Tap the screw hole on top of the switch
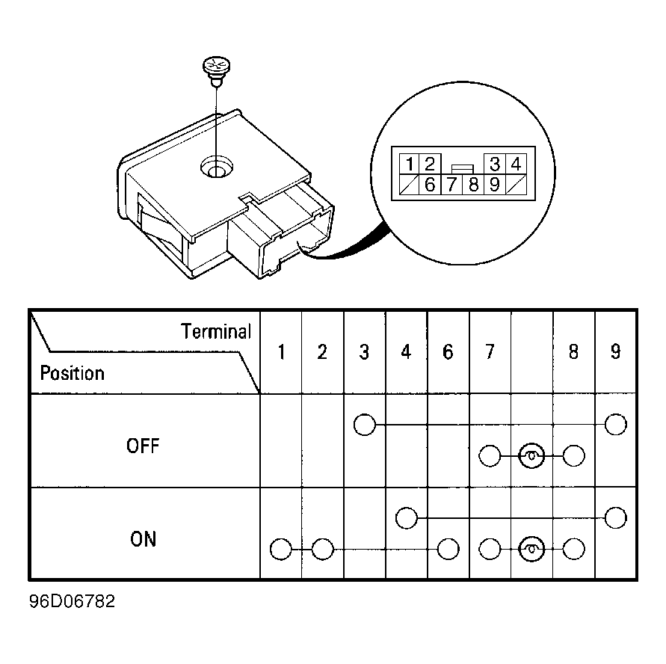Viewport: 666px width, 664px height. pyautogui.click(x=217, y=167)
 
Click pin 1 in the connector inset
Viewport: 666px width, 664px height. pyautogui.click(x=410, y=164)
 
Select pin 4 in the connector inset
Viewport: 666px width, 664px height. pyautogui.click(x=516, y=164)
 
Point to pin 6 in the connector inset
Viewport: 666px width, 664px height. pyautogui.click(x=430, y=185)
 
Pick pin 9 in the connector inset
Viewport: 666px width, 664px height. pyautogui.click(x=494, y=185)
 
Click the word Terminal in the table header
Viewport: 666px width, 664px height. pyautogui.click(x=216, y=331)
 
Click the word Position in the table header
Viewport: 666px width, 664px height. pyautogui.click(x=73, y=373)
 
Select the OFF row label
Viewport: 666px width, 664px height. pyautogui.click(x=143, y=446)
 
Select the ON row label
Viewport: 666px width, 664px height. pyautogui.click(x=143, y=539)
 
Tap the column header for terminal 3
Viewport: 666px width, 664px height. pyautogui.click(x=364, y=351)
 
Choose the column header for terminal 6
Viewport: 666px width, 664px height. pyautogui.click(x=448, y=351)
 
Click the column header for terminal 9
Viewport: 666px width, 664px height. pyautogui.click(x=615, y=351)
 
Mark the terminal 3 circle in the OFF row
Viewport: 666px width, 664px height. pyautogui.click(x=365, y=425)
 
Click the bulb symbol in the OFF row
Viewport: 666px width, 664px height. pyautogui.click(x=531, y=456)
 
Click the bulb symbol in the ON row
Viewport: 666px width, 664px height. pyautogui.click(x=531, y=549)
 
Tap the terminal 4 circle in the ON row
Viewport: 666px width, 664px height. pyautogui.click(x=407, y=518)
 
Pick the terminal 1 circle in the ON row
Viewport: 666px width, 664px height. pyautogui.click(x=281, y=549)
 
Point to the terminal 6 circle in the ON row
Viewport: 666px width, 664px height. pyautogui.click(x=448, y=549)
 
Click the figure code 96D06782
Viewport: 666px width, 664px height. pyautogui.click(x=72, y=601)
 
